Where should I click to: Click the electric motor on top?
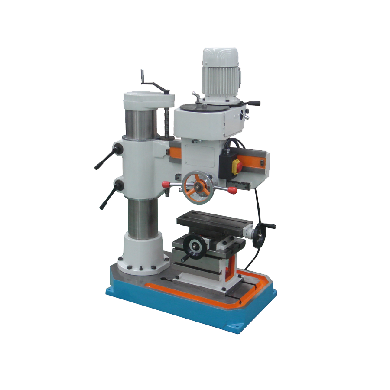tap(221, 74)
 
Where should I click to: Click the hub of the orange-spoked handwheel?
tap(198, 187)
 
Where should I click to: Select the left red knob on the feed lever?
tap(165, 184)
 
